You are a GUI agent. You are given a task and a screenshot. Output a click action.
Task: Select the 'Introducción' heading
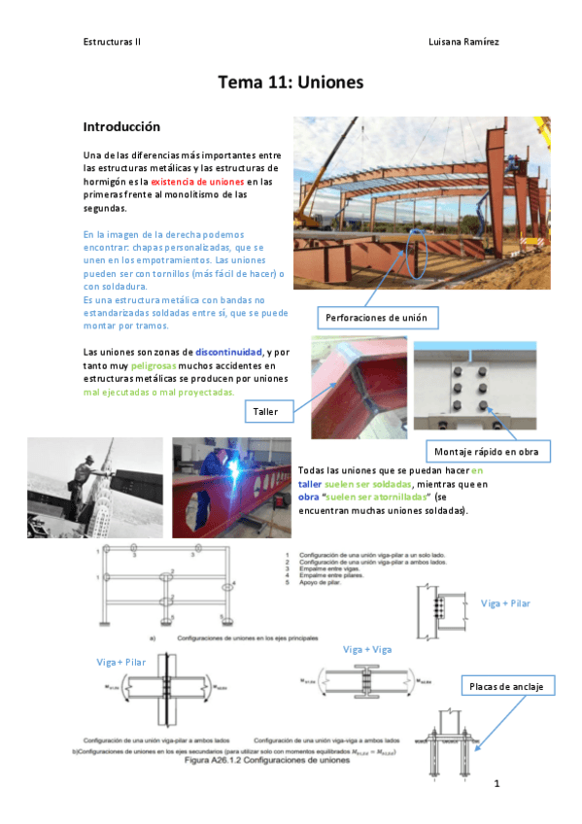click(x=121, y=127)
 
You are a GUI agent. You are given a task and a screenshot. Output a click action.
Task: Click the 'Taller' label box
click(x=265, y=412)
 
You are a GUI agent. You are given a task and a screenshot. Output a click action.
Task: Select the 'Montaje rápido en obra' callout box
click(x=488, y=452)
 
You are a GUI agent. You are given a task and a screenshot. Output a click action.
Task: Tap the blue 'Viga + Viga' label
click(x=368, y=649)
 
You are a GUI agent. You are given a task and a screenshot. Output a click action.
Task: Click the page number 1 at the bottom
click(x=496, y=783)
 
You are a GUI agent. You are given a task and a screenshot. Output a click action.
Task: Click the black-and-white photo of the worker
click(x=95, y=487)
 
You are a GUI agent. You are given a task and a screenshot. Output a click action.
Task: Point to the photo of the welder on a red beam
click(x=231, y=487)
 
